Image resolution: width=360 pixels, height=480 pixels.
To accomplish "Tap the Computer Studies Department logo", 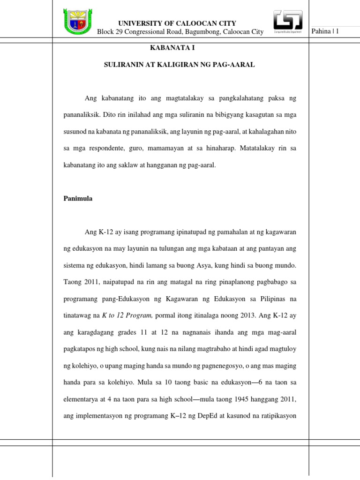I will (287, 22).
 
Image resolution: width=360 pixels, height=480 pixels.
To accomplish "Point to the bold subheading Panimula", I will (78, 198).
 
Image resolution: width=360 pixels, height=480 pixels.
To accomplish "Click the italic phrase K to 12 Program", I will (127, 315).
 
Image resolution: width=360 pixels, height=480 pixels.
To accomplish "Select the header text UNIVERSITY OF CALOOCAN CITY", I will (177, 23).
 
